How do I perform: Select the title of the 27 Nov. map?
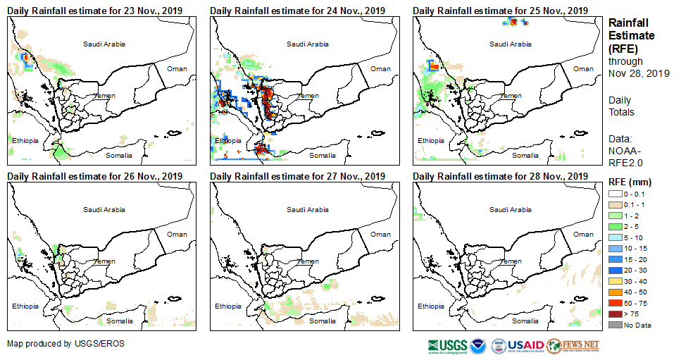297,176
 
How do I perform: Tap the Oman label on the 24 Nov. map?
380,68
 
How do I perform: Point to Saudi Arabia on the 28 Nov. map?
511,209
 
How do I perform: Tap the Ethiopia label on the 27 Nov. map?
228,306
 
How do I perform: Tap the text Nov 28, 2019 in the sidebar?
639,73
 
